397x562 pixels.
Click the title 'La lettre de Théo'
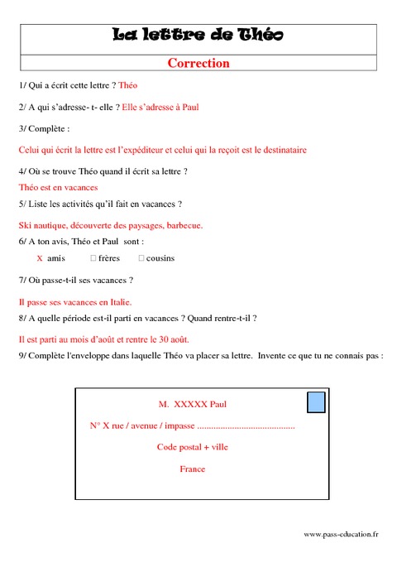(198, 35)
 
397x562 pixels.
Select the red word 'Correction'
(198, 63)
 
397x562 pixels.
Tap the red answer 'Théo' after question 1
(128, 85)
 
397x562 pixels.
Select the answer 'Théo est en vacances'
(58, 188)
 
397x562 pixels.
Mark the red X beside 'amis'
(40, 258)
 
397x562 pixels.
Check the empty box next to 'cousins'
(141, 258)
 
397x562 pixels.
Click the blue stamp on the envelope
(316, 403)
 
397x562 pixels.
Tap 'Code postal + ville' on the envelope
(192, 447)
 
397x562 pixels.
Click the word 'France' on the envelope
(192, 468)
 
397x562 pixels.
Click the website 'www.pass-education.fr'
(341, 535)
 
